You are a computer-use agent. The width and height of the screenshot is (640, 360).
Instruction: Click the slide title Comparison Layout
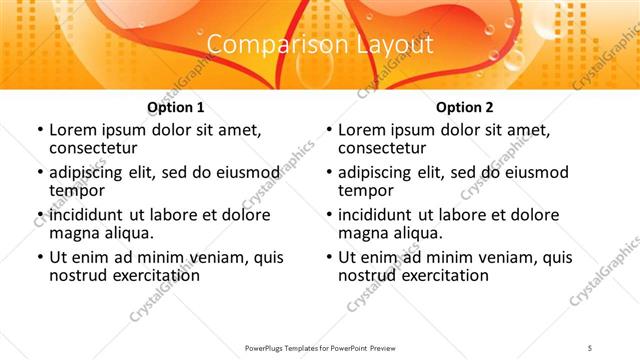point(319,45)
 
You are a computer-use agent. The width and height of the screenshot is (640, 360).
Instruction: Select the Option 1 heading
point(175,107)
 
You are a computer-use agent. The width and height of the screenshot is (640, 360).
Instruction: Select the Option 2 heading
point(464,107)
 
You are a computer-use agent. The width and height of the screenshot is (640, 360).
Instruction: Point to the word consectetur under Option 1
point(94,148)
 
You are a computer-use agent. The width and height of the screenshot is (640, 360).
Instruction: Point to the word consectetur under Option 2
point(383,148)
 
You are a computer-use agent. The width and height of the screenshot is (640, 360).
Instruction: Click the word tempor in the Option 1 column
point(76,191)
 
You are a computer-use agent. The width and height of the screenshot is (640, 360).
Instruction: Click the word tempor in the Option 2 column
point(365,191)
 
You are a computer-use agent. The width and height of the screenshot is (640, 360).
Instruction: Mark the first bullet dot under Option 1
point(39,131)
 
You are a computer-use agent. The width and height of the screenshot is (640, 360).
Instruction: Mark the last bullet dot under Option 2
point(328,257)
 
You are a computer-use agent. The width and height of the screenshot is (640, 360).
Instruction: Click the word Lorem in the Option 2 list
point(361,130)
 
